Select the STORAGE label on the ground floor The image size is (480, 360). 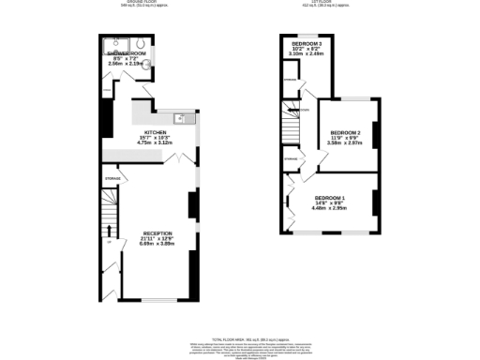click(112, 176)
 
